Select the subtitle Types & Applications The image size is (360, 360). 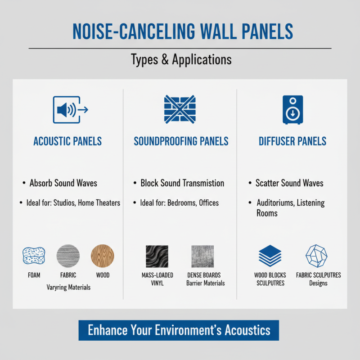[181, 59]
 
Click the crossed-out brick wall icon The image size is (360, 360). [180, 109]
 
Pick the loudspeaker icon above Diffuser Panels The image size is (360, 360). [292, 109]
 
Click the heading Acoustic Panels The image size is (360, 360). [67, 141]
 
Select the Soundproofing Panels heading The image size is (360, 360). [181, 141]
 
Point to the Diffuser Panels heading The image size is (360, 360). [292, 141]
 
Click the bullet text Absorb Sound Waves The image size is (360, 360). [63, 183]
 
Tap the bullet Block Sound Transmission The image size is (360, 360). [182, 183]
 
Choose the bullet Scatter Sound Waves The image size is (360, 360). [289, 183]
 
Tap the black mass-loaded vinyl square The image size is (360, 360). [157, 256]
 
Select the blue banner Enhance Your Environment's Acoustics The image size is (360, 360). [179, 330]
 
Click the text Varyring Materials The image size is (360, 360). [68, 287]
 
